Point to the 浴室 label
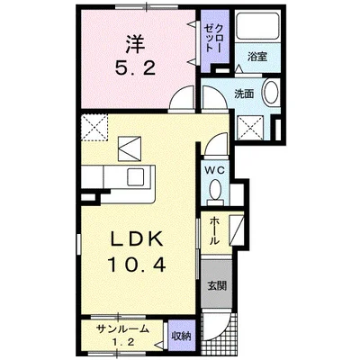tap(257, 57)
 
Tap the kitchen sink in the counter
tap(141, 175)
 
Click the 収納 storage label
tap(181, 336)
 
